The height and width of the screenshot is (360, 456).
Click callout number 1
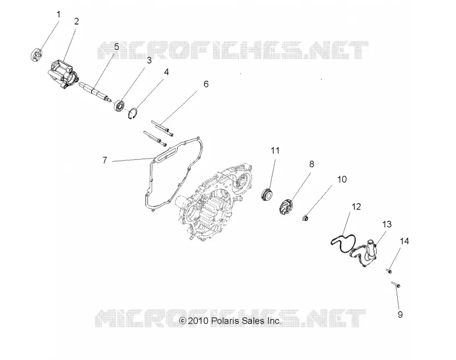tap(59, 15)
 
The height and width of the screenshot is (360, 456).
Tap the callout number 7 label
tap(105, 160)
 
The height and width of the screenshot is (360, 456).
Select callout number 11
tap(275, 151)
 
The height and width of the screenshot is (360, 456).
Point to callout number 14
tap(404, 241)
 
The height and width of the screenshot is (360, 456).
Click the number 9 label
tap(400, 314)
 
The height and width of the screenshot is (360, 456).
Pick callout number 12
tap(356, 207)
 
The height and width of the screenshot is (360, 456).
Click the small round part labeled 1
tap(36, 54)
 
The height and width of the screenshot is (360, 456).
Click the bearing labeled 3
tap(120, 105)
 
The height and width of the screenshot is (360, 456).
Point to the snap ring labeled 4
tap(133, 114)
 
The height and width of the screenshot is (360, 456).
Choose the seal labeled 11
tap(267, 194)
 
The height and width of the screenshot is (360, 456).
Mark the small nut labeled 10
tap(305, 217)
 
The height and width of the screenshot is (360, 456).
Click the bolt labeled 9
tap(396, 285)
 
